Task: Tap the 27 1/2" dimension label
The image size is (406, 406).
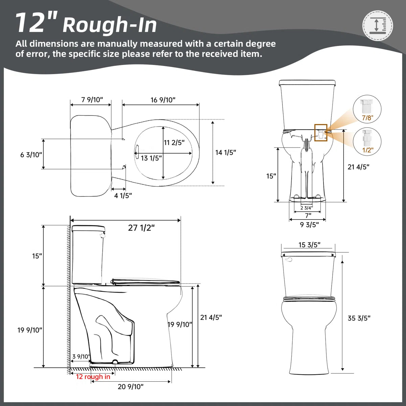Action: [x=141, y=228]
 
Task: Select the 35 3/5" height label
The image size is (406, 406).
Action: [x=359, y=318]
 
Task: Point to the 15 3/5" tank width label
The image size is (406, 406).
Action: [x=310, y=245]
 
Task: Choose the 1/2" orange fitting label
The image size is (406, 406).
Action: [x=368, y=150]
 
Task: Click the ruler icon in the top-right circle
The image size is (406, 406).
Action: [x=378, y=26]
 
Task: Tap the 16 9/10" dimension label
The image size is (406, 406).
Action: [x=163, y=100]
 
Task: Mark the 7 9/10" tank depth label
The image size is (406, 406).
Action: [x=92, y=100]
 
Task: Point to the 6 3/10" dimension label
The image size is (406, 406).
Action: [x=31, y=155]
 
